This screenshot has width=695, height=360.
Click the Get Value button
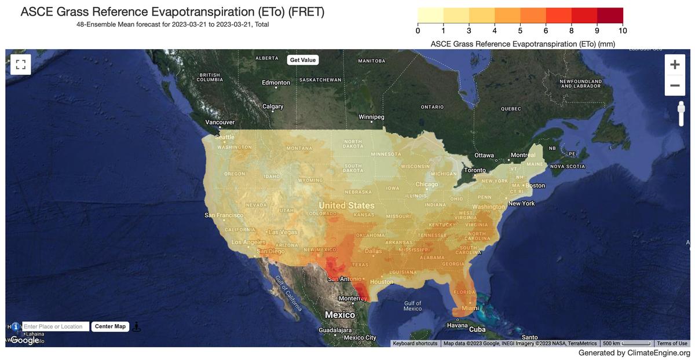pyautogui.click(x=303, y=60)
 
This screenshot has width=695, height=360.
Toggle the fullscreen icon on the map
pyautogui.click(x=21, y=64)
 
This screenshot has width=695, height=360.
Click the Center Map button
pyautogui.click(x=110, y=326)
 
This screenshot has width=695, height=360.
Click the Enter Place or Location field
pyautogui.click(x=56, y=326)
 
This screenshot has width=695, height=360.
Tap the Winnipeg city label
pyautogui.click(x=371, y=117)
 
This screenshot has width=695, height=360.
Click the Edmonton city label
pyautogui.click(x=276, y=83)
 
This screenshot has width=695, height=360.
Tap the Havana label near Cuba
pyautogui.click(x=457, y=325)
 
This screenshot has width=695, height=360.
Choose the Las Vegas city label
pyautogui.click(x=283, y=232)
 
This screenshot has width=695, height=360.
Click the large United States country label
pyautogui.click(x=346, y=205)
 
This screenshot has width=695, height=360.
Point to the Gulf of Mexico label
pyautogui.click(x=412, y=306)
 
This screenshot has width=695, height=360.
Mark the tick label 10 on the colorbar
pyautogui.click(x=622, y=31)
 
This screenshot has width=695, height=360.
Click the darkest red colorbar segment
pyautogui.click(x=610, y=14)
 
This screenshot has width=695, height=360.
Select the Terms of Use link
pyautogui.click(x=672, y=343)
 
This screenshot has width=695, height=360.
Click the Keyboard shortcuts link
pyautogui.click(x=415, y=343)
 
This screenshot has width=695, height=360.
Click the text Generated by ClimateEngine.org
pyautogui.click(x=634, y=353)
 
